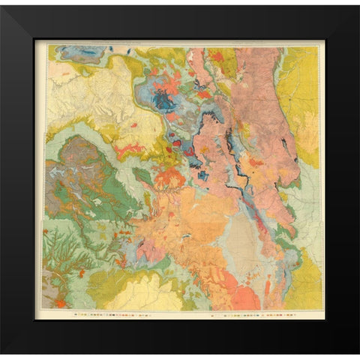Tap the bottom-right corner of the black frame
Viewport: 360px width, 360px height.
click(357, 357)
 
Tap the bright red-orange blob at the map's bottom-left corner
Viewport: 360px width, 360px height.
click(60, 303)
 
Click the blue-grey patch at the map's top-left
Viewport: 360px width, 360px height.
click(82, 52)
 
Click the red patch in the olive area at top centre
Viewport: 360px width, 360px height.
click(217, 56)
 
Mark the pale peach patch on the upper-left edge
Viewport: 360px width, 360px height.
click(60, 71)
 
